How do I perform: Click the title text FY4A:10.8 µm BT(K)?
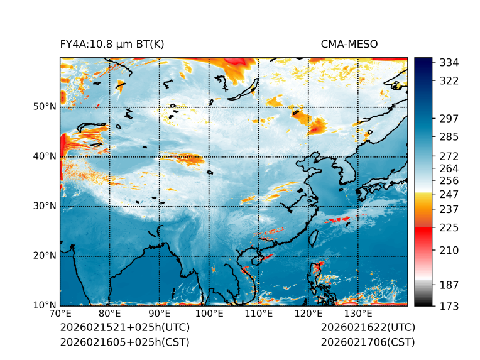(112, 45)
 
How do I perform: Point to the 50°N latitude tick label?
(45, 107)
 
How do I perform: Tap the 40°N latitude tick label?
(45, 156)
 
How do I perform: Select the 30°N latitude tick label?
(45, 206)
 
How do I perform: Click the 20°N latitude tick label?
(45, 256)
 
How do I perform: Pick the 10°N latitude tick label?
(45, 305)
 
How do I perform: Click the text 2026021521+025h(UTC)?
(124, 328)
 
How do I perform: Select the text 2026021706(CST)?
(368, 342)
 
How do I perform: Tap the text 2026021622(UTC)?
(368, 328)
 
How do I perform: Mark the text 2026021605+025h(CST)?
(124, 342)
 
